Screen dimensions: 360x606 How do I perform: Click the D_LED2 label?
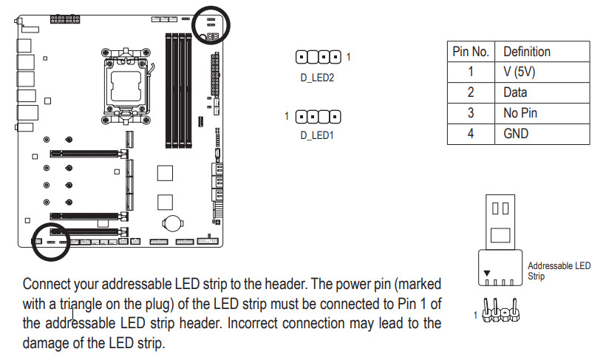[x=318, y=76]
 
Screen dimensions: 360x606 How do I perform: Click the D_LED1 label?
[x=317, y=135]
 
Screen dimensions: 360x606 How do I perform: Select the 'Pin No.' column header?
[x=471, y=52]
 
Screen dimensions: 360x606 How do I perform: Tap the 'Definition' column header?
[x=526, y=52]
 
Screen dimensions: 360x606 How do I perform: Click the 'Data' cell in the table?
[x=515, y=92]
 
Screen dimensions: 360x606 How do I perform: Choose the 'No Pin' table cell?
[x=520, y=113]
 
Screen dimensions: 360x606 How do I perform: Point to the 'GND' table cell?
[x=516, y=134]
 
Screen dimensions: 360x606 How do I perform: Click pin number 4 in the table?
[x=470, y=134]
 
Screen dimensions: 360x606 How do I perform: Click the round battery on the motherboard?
[x=174, y=222]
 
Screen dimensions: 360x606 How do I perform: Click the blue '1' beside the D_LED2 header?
[x=348, y=56]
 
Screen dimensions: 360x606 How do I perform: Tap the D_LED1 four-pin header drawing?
[x=318, y=116]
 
